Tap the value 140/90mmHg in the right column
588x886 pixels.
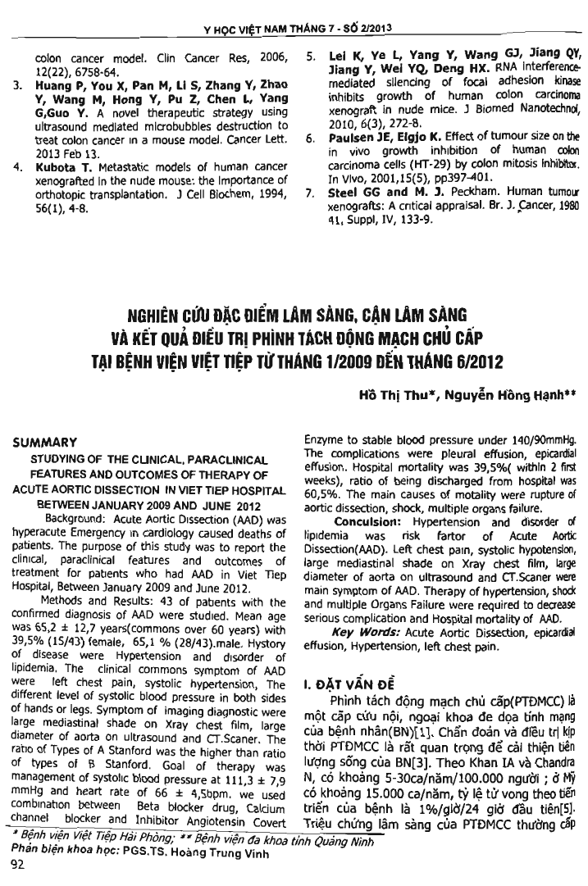tap(536, 440)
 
